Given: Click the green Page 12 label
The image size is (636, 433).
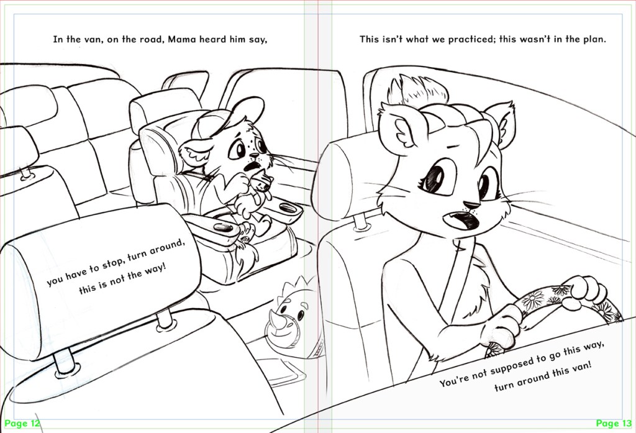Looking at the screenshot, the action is click(x=23, y=424).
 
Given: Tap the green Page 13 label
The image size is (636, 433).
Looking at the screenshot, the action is click(x=614, y=424).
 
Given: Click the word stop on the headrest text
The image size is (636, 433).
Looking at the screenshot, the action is click(x=111, y=264).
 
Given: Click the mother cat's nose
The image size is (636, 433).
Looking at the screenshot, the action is click(x=471, y=204).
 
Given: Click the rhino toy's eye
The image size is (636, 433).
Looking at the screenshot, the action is click(x=301, y=316).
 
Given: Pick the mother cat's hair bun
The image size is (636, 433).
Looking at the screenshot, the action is click(x=418, y=91).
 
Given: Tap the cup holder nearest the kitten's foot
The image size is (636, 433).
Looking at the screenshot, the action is click(x=222, y=227).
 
